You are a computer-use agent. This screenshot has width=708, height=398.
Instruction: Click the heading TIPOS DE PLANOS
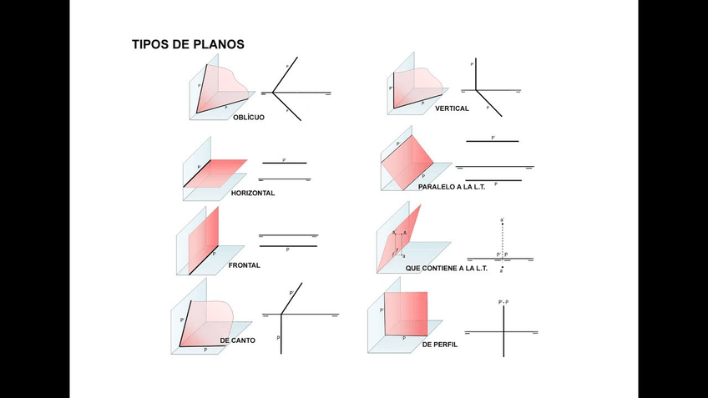tap(188, 44)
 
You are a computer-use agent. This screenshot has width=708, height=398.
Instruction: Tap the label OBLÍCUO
tap(249, 118)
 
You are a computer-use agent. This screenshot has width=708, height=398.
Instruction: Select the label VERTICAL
tap(452, 108)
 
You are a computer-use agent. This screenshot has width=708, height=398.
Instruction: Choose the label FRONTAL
tap(245, 265)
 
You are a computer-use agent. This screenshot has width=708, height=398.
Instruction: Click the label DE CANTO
tap(238, 341)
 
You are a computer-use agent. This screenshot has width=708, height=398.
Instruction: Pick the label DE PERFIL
tap(440, 345)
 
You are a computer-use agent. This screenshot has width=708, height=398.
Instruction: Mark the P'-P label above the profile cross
tap(503, 301)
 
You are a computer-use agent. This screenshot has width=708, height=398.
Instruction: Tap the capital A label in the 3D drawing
tap(405, 233)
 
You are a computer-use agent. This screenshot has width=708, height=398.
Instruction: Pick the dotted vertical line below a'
tap(502, 238)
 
